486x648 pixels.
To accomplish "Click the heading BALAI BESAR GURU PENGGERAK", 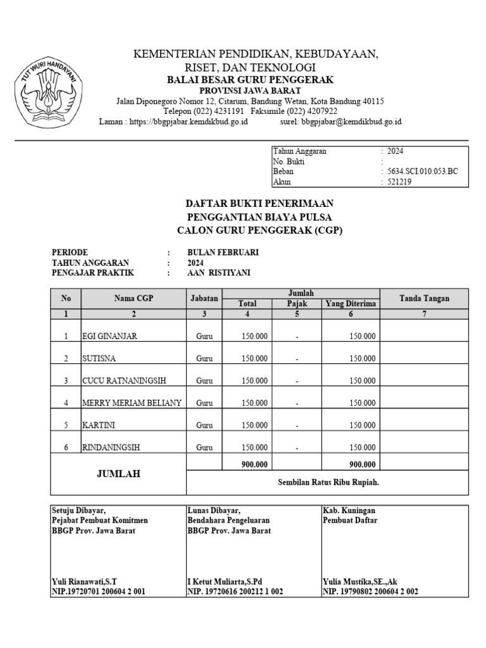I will (x=250, y=80).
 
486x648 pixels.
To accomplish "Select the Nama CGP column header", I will (x=134, y=298).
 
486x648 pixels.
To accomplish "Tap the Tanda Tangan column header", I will (x=424, y=298).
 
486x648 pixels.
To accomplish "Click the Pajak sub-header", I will (x=296, y=304).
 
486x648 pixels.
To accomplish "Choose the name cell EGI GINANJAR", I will (x=109, y=336).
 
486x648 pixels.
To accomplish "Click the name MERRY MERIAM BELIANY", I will (x=132, y=402).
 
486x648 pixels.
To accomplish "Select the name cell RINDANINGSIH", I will (x=111, y=447).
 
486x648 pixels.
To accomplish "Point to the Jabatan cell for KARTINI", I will (x=204, y=425).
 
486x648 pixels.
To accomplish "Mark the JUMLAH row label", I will (x=118, y=473).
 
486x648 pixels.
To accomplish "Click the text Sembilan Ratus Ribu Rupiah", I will (x=328, y=482).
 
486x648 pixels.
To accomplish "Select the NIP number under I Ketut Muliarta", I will (x=234, y=592).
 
